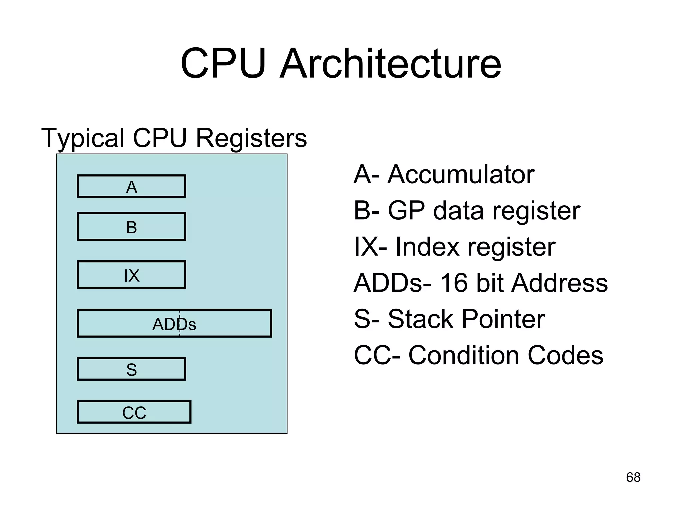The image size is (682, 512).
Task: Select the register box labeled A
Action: pyautogui.click(x=131, y=186)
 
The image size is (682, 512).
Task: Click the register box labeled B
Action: pyautogui.click(x=131, y=227)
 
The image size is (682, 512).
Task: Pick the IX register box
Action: pyautogui.click(x=131, y=275)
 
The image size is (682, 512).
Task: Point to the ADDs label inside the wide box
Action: pyautogui.click(x=174, y=324)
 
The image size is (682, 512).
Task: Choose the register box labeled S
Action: pyautogui.click(x=131, y=369)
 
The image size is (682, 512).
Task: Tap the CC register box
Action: pyautogui.click(x=134, y=412)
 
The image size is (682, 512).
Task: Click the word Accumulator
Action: pyautogui.click(x=461, y=174)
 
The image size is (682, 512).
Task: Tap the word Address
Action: pyautogui.click(x=560, y=283)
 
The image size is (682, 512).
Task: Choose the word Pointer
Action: pyautogui.click(x=503, y=319)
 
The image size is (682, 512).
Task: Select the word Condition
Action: pyautogui.click(x=464, y=355)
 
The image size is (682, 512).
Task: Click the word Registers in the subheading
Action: pyautogui.click(x=251, y=138)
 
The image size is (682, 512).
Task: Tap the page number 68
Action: pyautogui.click(x=633, y=477)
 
